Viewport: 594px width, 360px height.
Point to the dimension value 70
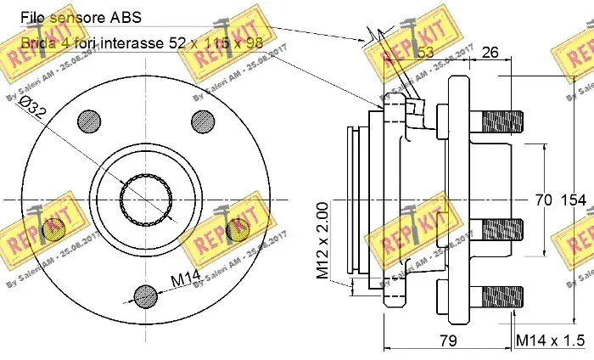pyautogui.click(x=543, y=200)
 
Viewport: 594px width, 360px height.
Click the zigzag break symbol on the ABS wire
pyautogui.click(x=370, y=37)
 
